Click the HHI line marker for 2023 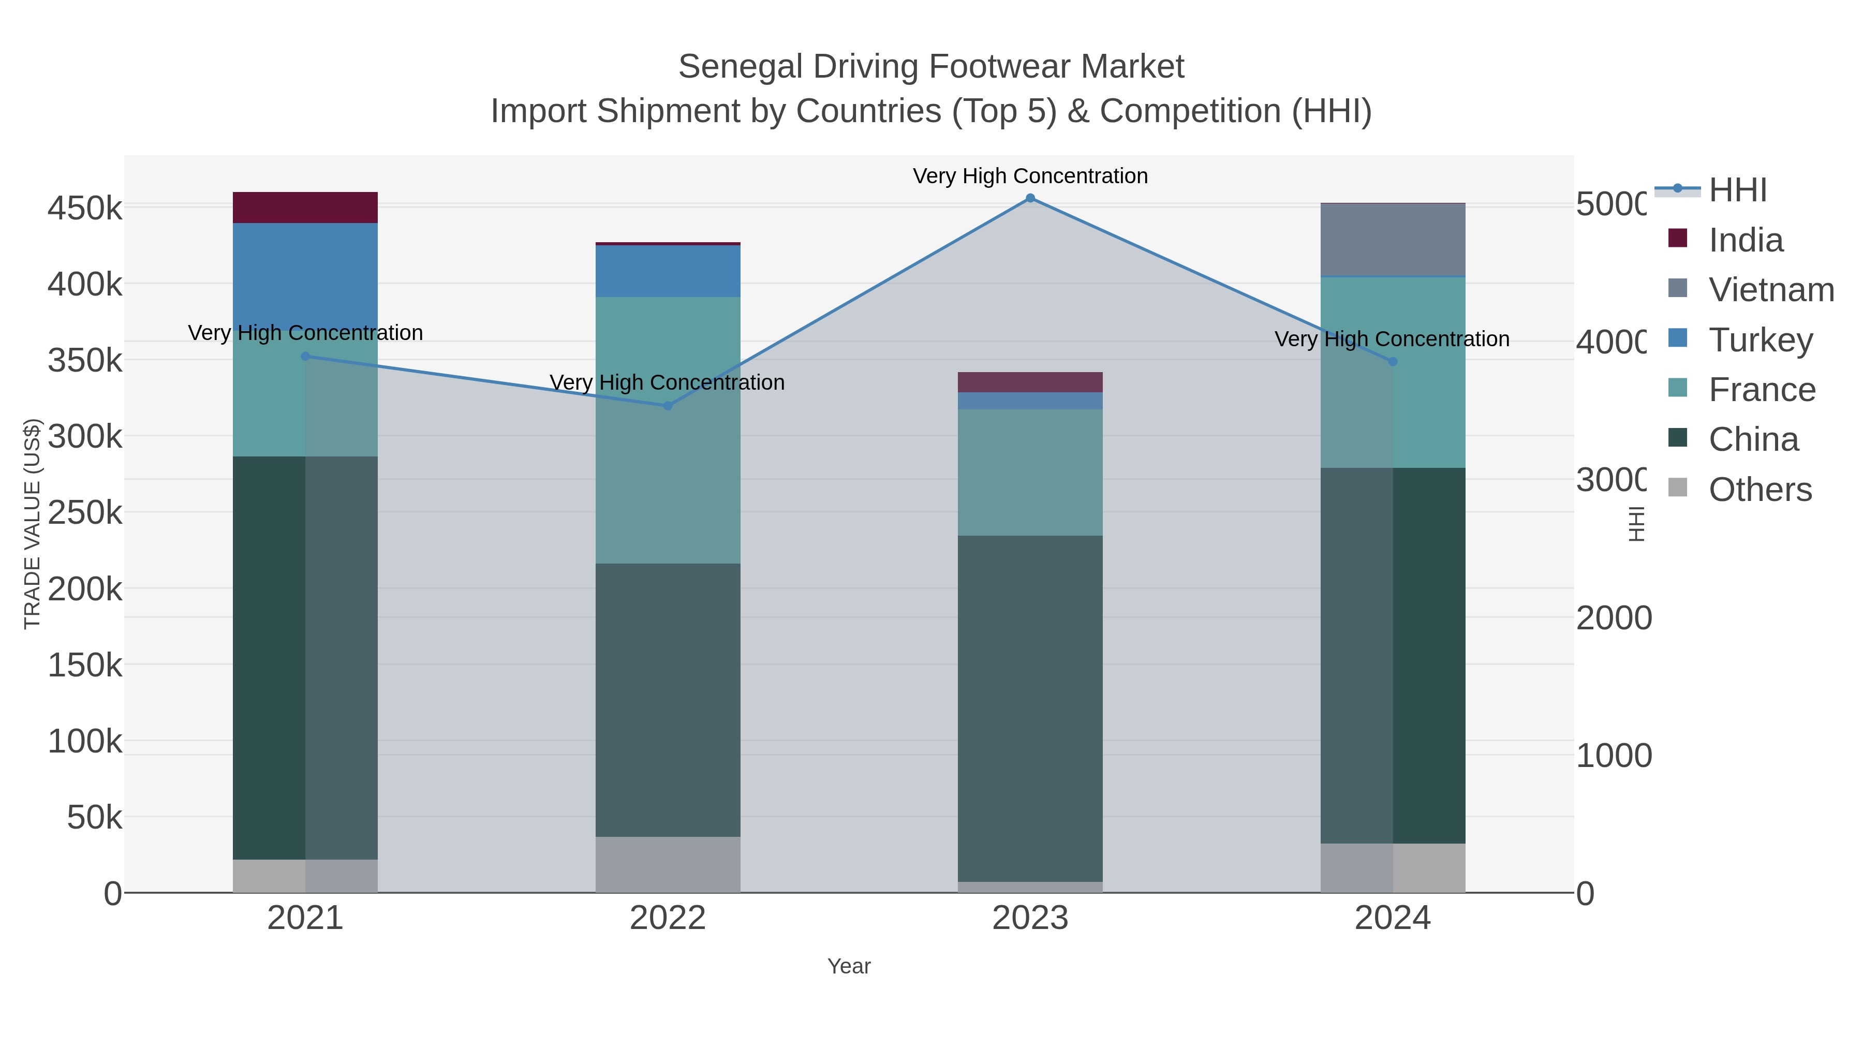[1030, 198]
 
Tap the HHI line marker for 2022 [668, 406]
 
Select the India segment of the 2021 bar [305, 208]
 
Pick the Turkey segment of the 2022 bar [668, 271]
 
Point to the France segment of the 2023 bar [1030, 473]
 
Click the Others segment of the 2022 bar [668, 864]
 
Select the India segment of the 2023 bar [1030, 382]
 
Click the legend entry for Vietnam [1770, 290]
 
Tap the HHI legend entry [1737, 190]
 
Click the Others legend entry [1759, 490]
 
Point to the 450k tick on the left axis [85, 208]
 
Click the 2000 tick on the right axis [1613, 618]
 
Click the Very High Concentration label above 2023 [1030, 176]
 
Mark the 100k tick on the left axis [85, 741]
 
